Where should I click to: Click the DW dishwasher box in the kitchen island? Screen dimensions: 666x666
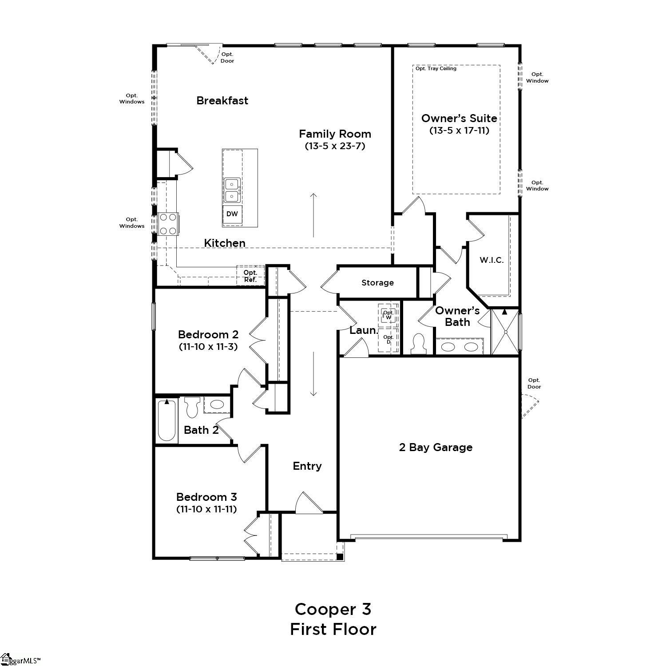click(232, 214)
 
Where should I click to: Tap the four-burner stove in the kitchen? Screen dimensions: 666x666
click(168, 224)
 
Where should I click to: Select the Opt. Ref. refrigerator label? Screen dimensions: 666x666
click(250, 276)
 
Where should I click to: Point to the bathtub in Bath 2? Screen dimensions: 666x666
click(167, 420)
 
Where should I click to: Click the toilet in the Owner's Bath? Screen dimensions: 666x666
click(418, 344)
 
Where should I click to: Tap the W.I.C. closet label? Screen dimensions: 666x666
click(492, 260)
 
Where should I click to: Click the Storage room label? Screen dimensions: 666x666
click(377, 283)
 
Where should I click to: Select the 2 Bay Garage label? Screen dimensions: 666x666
click(436, 447)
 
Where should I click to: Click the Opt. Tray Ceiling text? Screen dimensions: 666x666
click(436, 69)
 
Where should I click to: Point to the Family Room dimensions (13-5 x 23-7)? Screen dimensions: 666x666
click(335, 146)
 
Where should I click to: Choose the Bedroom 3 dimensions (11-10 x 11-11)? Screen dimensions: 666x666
click(206, 509)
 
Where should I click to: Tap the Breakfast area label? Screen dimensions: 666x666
click(222, 101)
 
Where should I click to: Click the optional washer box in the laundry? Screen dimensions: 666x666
click(388, 315)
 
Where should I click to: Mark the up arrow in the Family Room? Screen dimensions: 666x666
click(313, 215)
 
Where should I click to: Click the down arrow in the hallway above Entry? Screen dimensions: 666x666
click(313, 373)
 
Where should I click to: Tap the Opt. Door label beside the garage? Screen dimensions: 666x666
click(534, 383)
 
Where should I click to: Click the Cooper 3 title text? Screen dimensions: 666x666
click(333, 609)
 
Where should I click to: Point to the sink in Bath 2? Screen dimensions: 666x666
click(217, 404)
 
